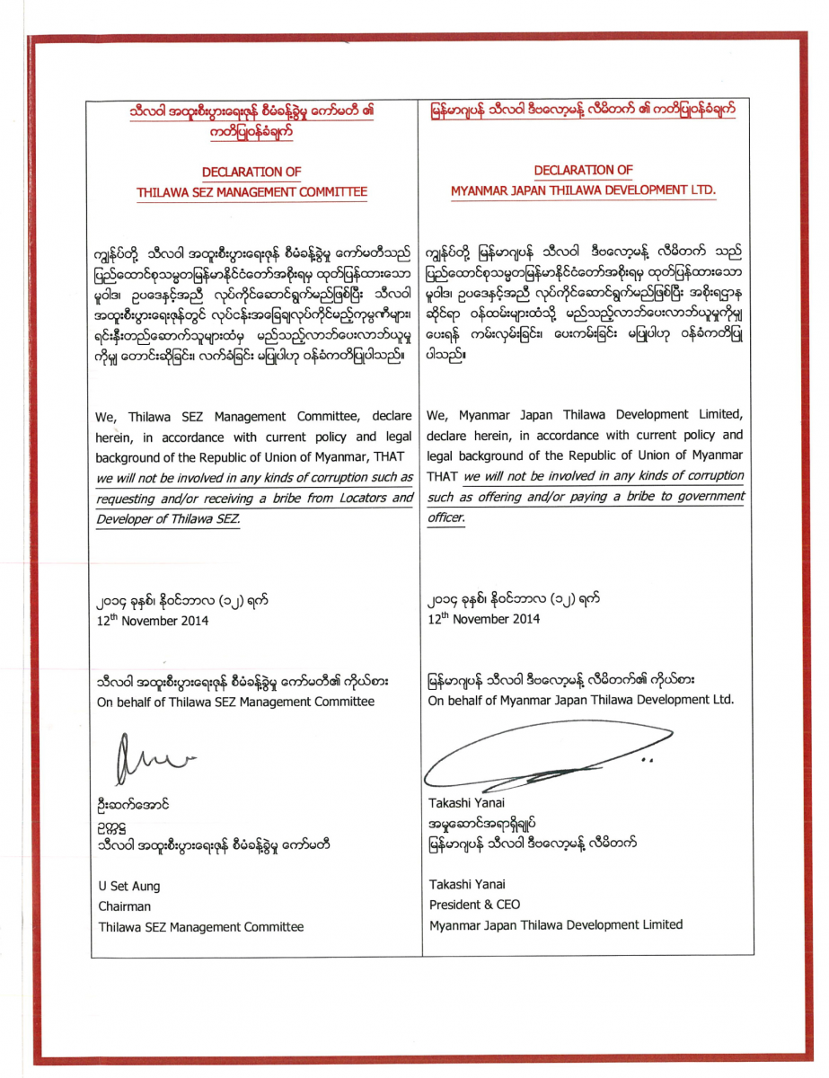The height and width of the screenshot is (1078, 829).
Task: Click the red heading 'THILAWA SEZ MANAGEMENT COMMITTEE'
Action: tap(251, 192)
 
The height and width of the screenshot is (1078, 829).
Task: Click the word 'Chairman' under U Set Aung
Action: tap(125, 906)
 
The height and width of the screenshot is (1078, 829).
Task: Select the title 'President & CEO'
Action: tap(474, 905)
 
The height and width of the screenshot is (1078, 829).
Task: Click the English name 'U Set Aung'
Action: tap(129, 886)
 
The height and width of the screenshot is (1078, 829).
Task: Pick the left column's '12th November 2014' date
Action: tap(153, 620)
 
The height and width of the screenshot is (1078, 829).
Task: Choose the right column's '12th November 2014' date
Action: tap(484, 619)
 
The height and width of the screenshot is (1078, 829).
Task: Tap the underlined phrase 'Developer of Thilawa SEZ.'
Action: tap(168, 519)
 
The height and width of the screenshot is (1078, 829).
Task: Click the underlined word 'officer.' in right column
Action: tap(446, 518)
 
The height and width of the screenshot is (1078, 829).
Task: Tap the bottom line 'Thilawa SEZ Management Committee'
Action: tap(201, 927)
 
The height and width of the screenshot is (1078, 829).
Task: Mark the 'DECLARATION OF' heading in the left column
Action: tap(251, 172)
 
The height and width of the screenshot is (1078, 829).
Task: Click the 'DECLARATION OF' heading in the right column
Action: tap(583, 170)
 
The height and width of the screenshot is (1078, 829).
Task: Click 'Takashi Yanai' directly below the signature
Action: tap(467, 802)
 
